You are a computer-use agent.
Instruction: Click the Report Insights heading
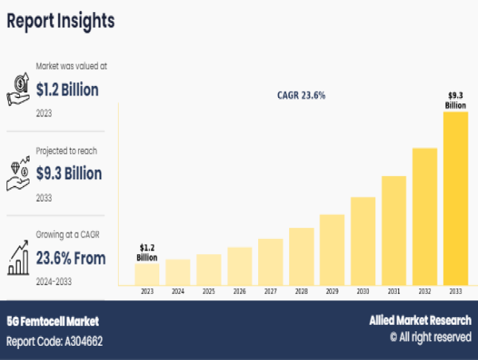61,21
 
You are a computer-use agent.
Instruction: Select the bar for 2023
147,274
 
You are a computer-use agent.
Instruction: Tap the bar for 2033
455,198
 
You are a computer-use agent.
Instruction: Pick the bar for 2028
301,256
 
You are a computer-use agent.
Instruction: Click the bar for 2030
362,241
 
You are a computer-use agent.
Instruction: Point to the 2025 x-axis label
209,292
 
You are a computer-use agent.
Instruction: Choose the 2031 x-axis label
394,292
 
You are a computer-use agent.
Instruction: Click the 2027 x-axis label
270,292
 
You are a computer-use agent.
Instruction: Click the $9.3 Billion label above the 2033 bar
455,100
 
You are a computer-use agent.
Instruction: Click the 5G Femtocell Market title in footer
53,322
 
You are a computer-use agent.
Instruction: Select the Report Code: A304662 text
55,341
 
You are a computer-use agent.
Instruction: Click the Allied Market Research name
420,320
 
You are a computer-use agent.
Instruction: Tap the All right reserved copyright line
429,338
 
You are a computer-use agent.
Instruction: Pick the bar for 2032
424,217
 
